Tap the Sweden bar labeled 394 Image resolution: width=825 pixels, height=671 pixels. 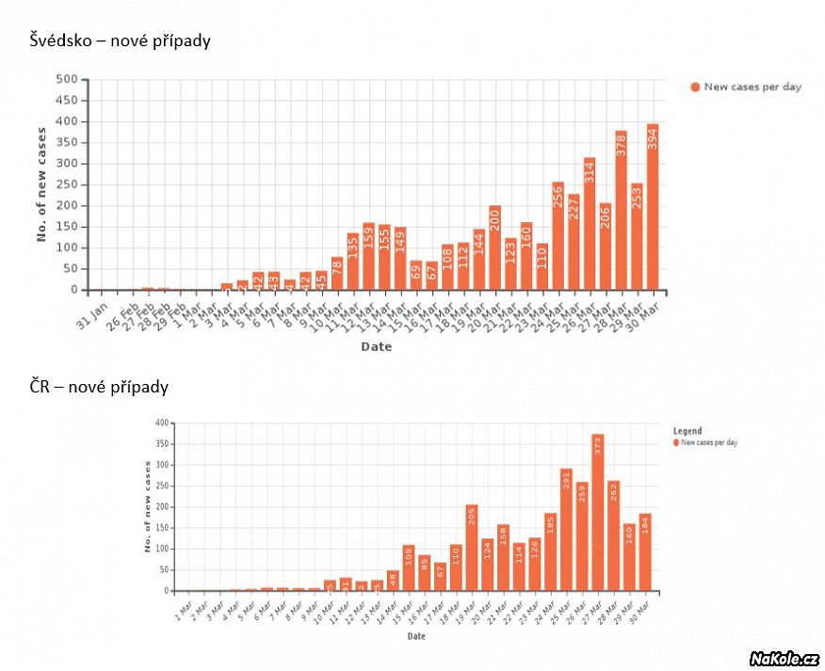click(653, 207)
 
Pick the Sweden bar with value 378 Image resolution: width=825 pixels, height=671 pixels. click(621, 211)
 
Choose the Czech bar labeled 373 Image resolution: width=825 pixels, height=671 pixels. click(598, 513)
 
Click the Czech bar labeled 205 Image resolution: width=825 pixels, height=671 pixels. click(472, 548)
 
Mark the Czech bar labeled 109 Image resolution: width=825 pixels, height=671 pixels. click(409, 568)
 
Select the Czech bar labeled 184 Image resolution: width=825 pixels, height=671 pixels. click(645, 552)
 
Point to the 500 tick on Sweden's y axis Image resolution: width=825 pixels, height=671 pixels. click(65, 79)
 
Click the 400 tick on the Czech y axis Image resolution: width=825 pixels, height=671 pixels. click(162, 423)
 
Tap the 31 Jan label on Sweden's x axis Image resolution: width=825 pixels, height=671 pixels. click(88, 311)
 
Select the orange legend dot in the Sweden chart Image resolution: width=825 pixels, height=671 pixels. click(695, 87)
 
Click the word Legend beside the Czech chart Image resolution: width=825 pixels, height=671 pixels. click(687, 431)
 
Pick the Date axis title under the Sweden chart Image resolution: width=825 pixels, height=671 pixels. click(376, 346)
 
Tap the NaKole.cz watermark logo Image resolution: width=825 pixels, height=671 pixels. click(784, 658)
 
